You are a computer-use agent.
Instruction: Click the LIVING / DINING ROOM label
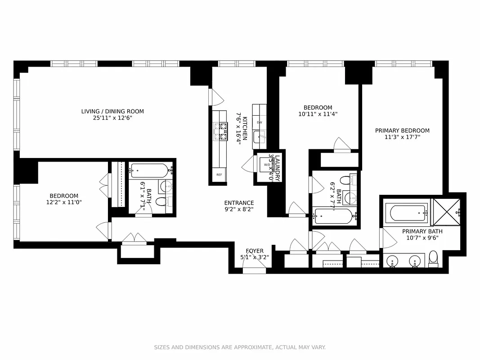pos(112,111)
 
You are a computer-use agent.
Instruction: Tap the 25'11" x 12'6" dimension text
pos(112,118)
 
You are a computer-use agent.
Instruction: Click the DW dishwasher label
pos(260,122)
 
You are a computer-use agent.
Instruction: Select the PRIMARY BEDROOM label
pos(402,130)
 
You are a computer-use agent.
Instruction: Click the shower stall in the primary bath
pos(445,211)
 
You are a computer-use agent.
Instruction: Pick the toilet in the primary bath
pos(433,258)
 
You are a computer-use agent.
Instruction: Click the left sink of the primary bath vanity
pos(393,261)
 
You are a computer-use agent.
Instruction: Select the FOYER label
pos(255,251)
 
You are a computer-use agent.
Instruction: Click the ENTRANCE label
pos(239,203)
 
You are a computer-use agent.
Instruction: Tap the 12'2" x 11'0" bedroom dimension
pos(64,202)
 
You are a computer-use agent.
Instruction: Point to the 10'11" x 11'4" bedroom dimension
pos(318,114)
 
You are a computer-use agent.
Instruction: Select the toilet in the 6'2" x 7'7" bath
pos(345,180)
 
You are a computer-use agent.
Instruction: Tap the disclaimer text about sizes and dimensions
pos(240,347)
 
